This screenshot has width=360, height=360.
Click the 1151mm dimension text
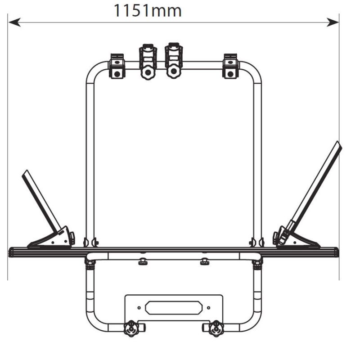[148, 11]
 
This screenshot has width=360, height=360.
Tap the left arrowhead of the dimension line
[15, 22]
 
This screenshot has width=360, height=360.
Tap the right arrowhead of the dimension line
[333, 22]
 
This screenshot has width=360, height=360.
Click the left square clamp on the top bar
[117, 66]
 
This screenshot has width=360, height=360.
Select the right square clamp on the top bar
[230, 66]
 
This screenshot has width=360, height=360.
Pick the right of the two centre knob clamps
[174, 61]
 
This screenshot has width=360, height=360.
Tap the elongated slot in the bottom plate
[174, 308]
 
